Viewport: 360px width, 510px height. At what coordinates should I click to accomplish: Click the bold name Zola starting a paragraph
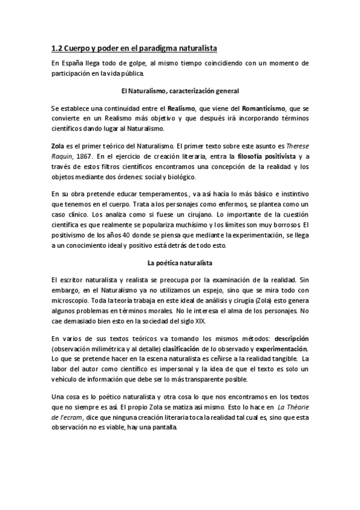pyautogui.click(x=59, y=146)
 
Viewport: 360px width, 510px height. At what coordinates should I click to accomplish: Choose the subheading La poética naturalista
pyautogui.click(x=180, y=263)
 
